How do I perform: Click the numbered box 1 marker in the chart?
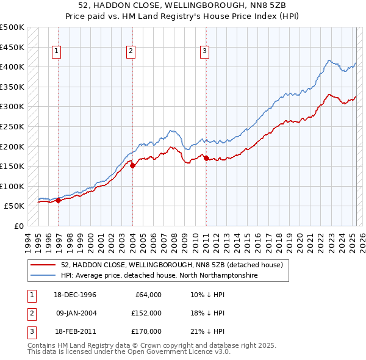coord(56,52)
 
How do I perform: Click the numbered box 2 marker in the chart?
coord(131,52)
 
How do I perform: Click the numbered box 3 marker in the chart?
coord(205,52)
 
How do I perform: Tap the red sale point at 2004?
coord(132,165)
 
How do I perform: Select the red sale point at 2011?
coord(206,158)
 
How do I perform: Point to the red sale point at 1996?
coord(59,200)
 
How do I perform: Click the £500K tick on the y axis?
coord(12,27)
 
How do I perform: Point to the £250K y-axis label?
coord(12,126)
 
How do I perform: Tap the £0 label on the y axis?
coord(19,226)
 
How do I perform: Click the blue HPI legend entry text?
coord(159,276)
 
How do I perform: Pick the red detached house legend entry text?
coord(172,265)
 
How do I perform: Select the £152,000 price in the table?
coord(146,313)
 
